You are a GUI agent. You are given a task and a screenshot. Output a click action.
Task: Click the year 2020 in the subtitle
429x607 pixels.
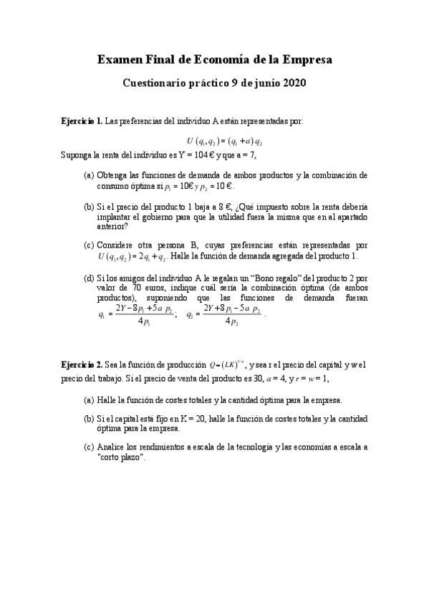291,83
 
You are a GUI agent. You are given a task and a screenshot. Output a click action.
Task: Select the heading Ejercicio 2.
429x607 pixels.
82,365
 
